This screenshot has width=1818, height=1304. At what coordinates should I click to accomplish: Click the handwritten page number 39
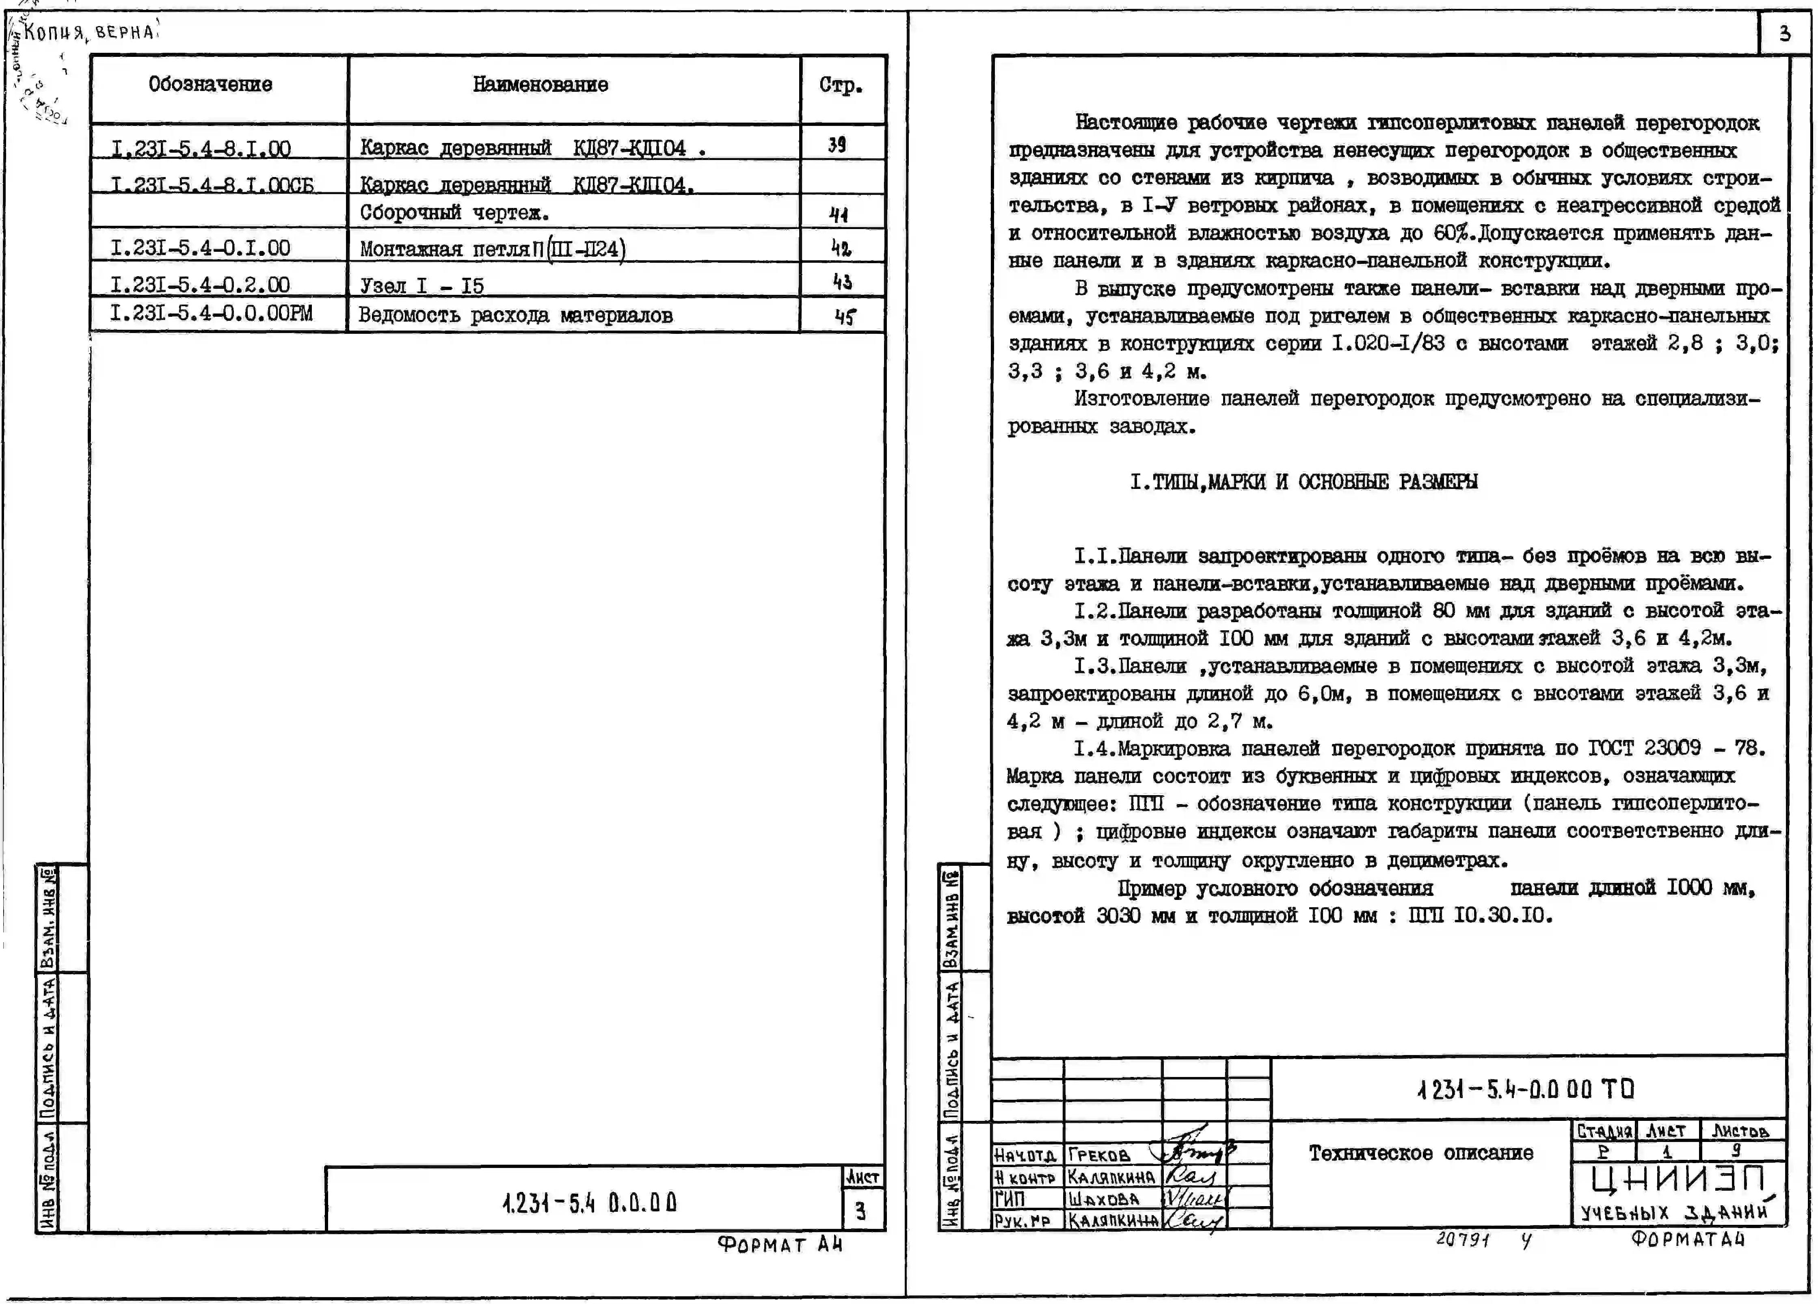[x=837, y=145]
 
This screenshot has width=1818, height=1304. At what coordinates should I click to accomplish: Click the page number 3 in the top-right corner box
[x=1784, y=34]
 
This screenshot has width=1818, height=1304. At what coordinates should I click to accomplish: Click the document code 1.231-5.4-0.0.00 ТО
[x=1525, y=1089]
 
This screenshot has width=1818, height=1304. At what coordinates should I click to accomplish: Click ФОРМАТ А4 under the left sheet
[x=780, y=1245]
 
